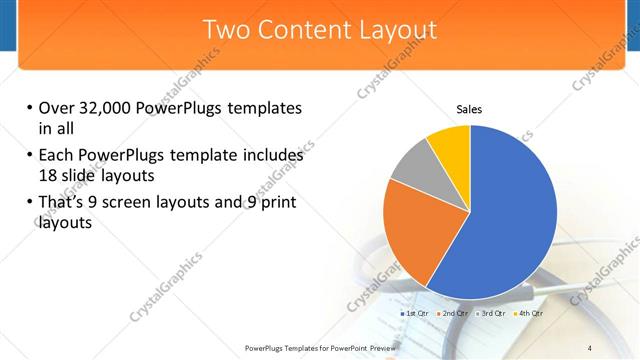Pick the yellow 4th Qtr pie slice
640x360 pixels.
click(450, 145)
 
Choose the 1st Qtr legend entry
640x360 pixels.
click(415, 314)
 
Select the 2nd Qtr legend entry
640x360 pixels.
click(453, 314)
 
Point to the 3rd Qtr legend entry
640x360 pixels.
click(491, 314)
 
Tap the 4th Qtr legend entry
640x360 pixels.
click(528, 314)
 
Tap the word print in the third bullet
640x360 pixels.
click(276, 204)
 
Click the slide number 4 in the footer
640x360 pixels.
click(589, 347)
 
